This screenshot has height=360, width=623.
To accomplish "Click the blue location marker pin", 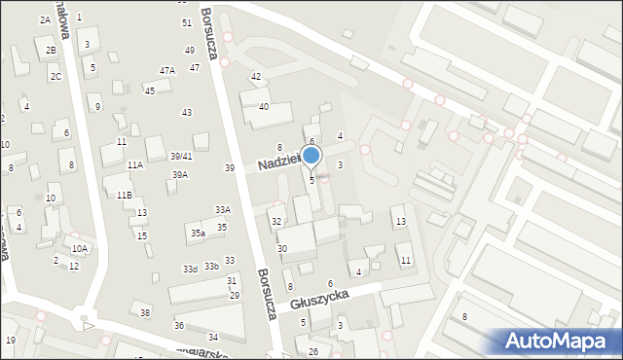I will [311, 156].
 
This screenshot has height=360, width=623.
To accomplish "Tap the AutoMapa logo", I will [558, 341].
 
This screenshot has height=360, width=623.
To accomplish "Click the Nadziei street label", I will [277, 163].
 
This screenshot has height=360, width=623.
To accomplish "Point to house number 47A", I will [167, 70].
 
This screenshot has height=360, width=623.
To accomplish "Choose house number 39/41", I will [181, 156].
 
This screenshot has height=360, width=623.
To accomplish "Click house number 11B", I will [125, 195].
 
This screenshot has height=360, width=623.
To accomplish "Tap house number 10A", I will [80, 248].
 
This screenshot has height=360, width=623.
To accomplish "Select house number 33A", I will [223, 209].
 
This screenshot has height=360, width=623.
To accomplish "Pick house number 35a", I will [198, 233].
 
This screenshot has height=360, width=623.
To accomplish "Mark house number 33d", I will [190, 269].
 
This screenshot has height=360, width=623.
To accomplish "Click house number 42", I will [256, 76].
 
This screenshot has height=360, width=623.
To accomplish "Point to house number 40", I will [263, 106].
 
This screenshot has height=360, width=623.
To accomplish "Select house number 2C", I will [56, 76].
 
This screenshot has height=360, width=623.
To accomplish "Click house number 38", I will [145, 312].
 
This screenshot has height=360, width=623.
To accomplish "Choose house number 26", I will [313, 350].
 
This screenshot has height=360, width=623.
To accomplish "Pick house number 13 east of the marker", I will [400, 222].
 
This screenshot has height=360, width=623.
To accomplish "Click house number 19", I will [10, 340].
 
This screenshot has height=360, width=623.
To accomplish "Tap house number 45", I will [149, 90].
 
